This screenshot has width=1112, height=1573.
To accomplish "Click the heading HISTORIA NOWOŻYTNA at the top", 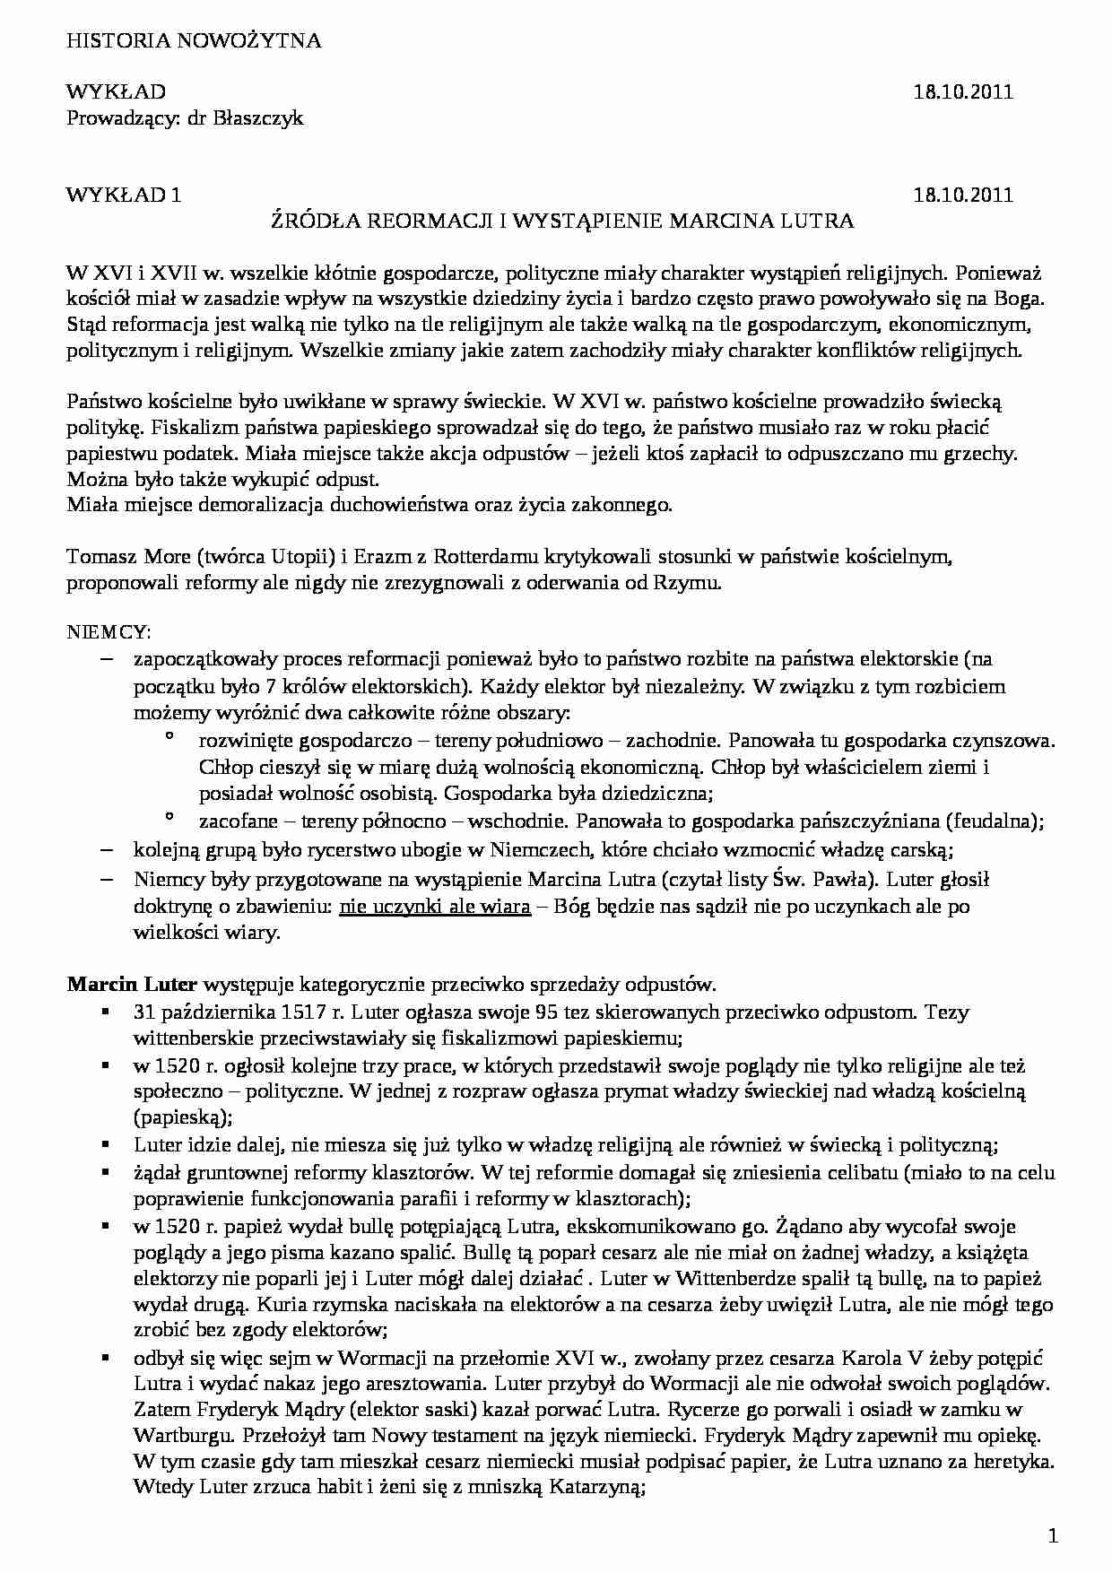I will point(194,40).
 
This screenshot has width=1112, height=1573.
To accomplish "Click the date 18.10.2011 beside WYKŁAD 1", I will point(963,195).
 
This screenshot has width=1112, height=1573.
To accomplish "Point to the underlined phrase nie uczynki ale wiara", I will point(435,906).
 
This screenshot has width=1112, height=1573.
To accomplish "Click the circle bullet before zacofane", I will point(168,818).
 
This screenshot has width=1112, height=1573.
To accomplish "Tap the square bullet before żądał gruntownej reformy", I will point(106,1172).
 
